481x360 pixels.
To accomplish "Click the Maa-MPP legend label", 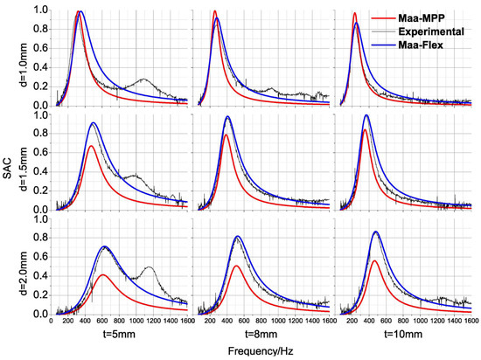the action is click(x=422, y=18).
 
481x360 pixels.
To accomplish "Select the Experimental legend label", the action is click(x=431, y=31).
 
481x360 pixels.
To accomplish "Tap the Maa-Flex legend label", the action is click(x=421, y=45).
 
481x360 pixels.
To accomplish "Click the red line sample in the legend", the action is click(x=383, y=18).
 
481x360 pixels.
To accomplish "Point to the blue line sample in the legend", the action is click(x=383, y=45).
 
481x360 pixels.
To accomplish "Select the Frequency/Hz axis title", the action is click(x=261, y=351).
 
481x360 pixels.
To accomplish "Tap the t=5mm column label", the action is click(x=119, y=334).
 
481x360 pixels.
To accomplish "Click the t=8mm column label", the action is click(x=261, y=334).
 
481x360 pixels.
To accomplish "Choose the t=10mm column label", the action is click(x=403, y=334).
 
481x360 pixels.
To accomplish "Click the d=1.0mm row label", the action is click(x=24, y=65).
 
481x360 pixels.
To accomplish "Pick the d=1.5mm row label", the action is click(x=24, y=169).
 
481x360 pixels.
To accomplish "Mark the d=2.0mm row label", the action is click(x=24, y=273).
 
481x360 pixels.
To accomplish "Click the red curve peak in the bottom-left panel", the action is click(x=103, y=274).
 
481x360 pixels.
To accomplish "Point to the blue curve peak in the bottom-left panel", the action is click(x=104, y=246).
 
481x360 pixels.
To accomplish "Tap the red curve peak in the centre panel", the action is click(x=227, y=135).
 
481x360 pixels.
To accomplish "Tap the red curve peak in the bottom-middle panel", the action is click(x=236, y=266).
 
